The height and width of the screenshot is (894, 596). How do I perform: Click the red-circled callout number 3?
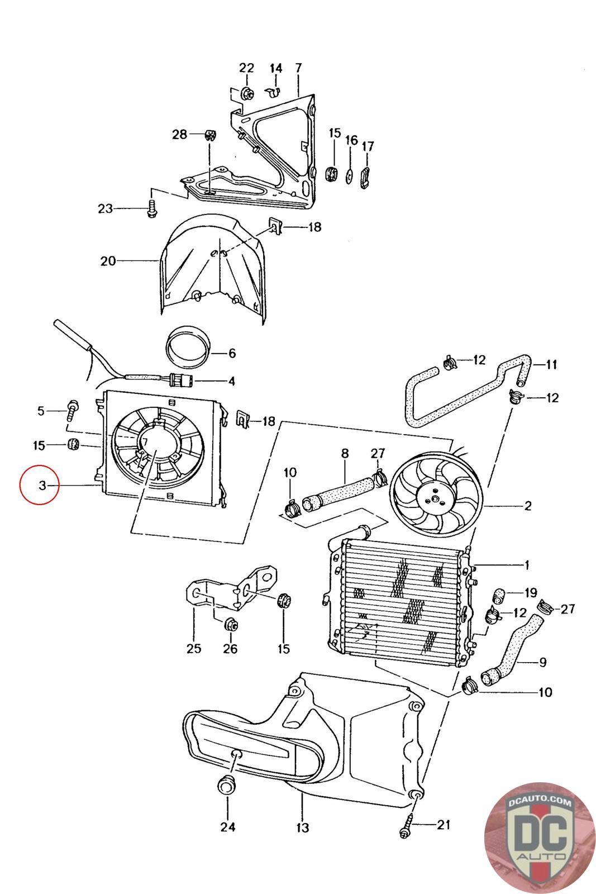[42, 484]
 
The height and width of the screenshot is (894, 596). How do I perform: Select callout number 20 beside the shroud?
[108, 260]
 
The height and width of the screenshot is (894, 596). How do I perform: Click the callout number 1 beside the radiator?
[526, 565]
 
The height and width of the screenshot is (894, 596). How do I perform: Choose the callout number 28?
[179, 135]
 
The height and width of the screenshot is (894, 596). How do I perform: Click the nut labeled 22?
[247, 93]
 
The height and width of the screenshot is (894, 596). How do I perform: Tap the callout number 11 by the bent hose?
[552, 365]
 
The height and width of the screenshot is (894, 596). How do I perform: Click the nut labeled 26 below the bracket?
[229, 624]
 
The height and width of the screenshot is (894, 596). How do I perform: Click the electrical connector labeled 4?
[182, 382]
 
